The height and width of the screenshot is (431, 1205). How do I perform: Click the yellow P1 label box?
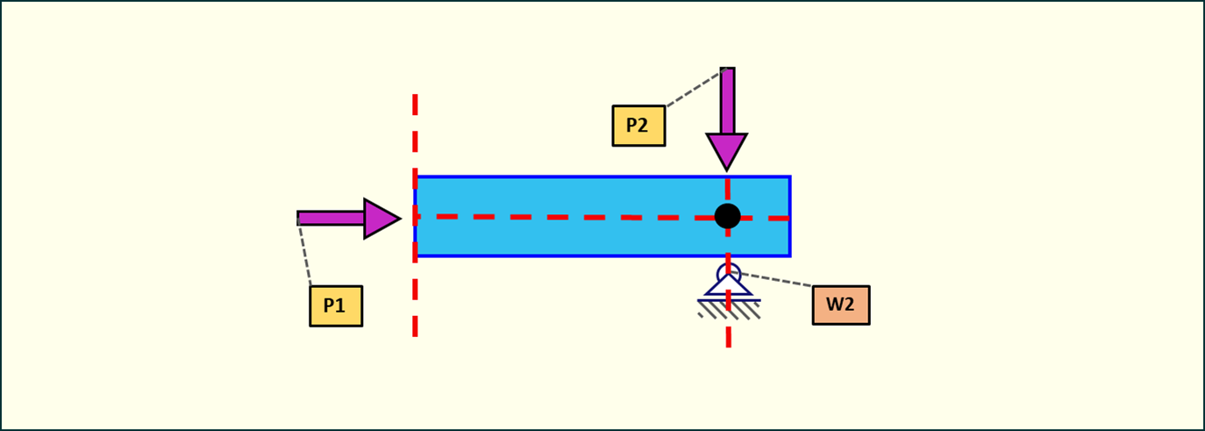coord(336,306)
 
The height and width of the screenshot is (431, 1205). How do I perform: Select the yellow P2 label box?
coord(638,126)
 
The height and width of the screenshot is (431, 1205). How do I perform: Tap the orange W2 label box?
coord(840,305)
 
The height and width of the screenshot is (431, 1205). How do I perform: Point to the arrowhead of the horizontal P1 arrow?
coord(381,218)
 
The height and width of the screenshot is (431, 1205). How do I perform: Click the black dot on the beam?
coord(727,216)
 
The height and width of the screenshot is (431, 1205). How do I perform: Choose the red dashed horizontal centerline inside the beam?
coord(544,216)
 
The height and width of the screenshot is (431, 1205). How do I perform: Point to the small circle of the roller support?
coord(729,273)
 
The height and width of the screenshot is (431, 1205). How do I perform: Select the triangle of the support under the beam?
coord(729,287)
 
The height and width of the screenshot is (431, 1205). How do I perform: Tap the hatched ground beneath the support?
coord(729,309)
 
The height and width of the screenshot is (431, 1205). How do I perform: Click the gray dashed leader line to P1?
coord(304,255)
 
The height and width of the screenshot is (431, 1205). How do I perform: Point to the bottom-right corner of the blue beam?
coord(789,255)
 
